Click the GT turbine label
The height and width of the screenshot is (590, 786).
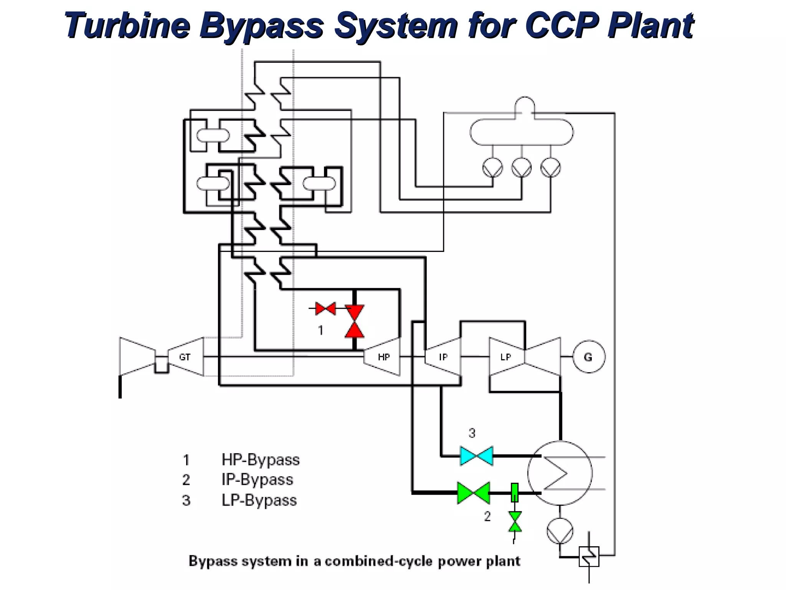185,357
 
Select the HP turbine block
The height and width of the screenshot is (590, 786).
382,357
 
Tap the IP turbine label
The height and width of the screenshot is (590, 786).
443,357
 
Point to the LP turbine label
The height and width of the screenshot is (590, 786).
505,357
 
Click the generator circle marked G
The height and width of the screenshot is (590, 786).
589,357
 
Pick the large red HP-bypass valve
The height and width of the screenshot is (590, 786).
354,322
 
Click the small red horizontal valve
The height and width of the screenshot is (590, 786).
325,308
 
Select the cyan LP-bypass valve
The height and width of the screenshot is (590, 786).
476,456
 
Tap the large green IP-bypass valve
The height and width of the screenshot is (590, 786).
474,492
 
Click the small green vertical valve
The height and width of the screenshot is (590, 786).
515,522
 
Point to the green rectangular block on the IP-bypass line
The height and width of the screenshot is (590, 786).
515,492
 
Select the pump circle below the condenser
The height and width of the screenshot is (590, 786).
560,530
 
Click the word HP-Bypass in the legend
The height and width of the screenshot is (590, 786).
260,460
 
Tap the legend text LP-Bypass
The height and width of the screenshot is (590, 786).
259,500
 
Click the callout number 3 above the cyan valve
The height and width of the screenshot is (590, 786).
472,433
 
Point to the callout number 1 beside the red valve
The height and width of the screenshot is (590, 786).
321,330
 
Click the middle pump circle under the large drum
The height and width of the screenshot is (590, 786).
521,167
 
